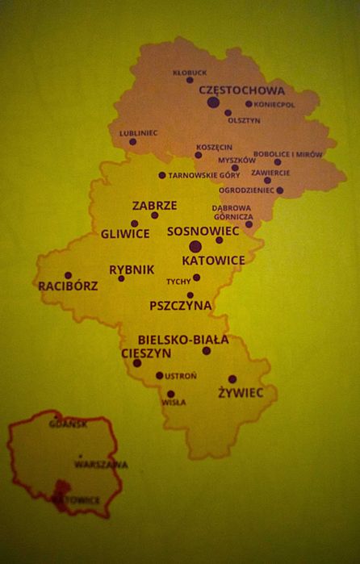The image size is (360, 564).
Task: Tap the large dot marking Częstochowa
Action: pos(213,102)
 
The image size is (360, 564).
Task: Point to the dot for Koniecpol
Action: pos(249,104)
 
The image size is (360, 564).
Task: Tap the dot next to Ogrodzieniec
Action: pos(280,190)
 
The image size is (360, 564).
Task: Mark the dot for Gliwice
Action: pos(134,224)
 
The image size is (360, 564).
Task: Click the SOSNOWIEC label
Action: pos(203,231)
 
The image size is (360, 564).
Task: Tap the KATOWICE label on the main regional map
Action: pos(213,261)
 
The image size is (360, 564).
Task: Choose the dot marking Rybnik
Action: pos(121,278)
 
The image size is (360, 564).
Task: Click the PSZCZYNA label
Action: pos(181,306)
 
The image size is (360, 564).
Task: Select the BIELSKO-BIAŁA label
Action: pos(183,340)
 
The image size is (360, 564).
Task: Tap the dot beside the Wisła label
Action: pos(170,394)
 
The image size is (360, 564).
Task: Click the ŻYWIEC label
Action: pos(241,393)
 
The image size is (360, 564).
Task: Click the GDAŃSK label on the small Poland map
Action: pos(68,424)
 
